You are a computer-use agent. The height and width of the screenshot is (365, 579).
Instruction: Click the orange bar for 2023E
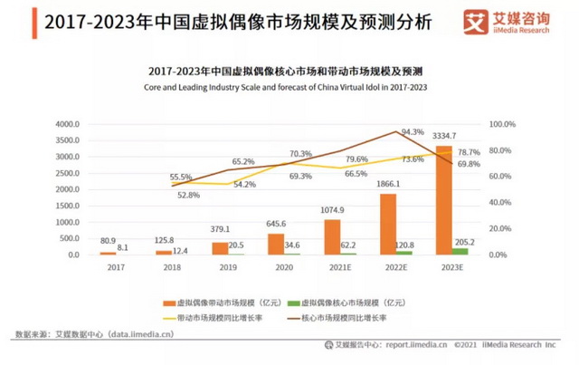coord(443,200)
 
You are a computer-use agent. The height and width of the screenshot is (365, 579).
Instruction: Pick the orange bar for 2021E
coord(332,237)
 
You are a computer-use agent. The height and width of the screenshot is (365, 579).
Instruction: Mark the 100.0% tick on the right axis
coord(502,124)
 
